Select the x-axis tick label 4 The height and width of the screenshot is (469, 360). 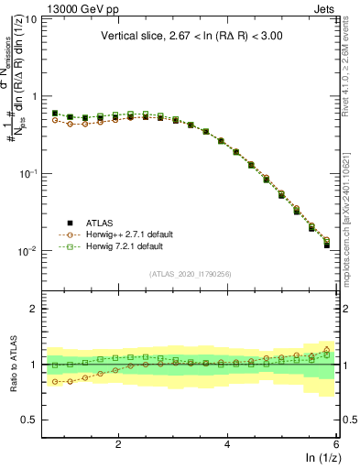coord(227,443)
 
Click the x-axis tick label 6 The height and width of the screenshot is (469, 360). coord(336,443)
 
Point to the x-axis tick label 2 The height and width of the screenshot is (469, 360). coord(118,443)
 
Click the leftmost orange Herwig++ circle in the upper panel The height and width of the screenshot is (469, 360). coord(55,119)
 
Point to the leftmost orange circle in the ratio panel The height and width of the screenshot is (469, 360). coord(55,382)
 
